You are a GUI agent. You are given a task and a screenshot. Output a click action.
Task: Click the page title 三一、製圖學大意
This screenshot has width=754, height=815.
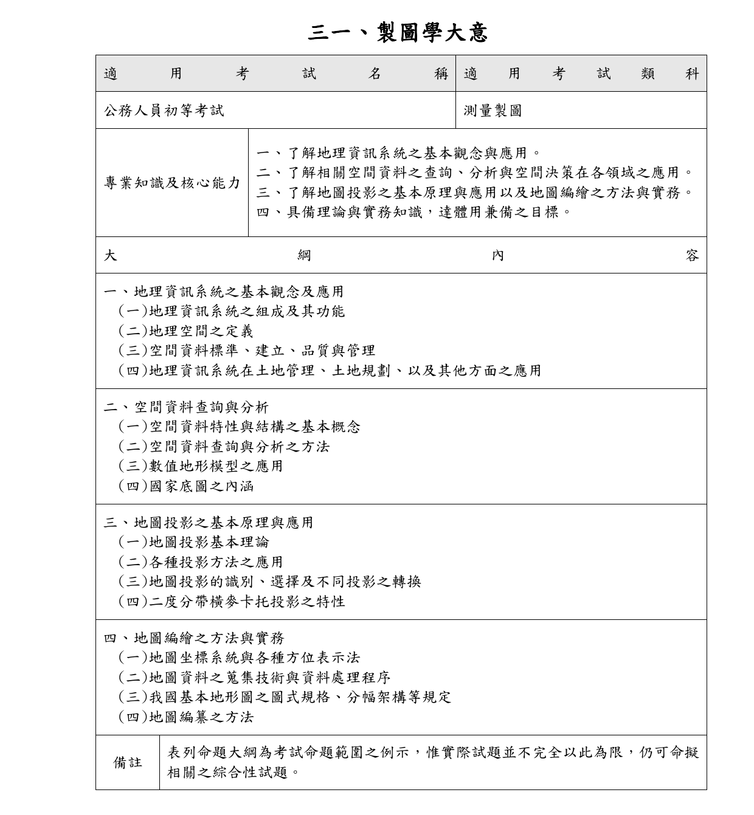coord(398,32)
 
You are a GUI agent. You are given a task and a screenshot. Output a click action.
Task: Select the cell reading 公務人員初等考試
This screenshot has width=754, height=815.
coord(164,111)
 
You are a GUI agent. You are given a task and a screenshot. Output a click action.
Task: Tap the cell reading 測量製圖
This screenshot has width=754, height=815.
coord(493,111)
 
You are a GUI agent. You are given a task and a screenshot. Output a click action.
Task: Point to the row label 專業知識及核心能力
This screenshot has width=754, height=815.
coord(172,183)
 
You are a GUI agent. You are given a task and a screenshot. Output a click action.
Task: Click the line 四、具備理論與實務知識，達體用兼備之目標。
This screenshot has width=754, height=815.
coord(414,212)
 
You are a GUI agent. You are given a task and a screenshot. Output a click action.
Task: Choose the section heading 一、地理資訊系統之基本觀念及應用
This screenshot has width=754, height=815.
coord(224,292)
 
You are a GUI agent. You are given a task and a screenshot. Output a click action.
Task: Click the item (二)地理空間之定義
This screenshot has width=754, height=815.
coord(185,331)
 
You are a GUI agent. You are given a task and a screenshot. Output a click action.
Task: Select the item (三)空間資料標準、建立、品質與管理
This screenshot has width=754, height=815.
coord(246,351)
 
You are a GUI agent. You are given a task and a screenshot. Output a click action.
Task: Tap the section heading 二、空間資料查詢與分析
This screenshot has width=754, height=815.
coord(186,407)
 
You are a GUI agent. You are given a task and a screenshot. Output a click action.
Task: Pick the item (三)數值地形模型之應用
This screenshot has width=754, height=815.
coord(201,466)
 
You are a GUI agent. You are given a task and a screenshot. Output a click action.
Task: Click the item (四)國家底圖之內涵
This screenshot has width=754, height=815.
coord(185,486)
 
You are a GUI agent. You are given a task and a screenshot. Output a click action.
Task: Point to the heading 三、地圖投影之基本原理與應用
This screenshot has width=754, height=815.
coord(209,523)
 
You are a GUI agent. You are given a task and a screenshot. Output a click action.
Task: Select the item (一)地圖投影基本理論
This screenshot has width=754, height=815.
coord(193,542)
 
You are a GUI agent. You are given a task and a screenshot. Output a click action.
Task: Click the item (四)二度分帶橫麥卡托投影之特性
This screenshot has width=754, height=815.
coord(232,602)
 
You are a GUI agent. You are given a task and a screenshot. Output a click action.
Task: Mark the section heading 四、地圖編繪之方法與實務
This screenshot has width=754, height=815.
coord(194,638)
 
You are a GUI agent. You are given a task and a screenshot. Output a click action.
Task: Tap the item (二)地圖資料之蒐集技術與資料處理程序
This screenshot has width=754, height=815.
coord(254,678)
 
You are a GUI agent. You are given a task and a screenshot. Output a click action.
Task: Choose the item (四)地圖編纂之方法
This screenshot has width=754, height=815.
coord(185,717)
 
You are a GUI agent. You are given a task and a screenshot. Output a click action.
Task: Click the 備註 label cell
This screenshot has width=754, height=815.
coord(128,763)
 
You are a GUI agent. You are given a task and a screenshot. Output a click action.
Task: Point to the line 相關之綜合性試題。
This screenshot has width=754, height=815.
coord(234,772)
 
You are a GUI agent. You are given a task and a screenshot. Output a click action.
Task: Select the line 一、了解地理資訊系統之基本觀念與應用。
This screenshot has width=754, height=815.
coord(399,153)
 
